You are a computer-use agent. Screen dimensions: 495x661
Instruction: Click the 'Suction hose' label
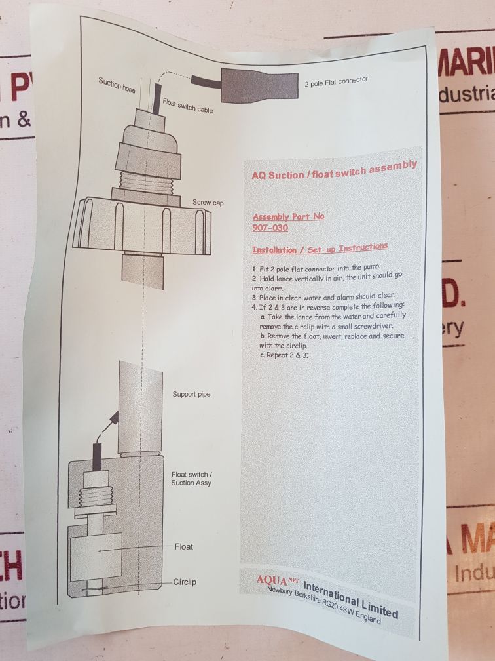pyautogui.click(x=117, y=85)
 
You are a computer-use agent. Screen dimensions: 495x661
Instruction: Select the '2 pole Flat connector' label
pyautogui.click(x=337, y=81)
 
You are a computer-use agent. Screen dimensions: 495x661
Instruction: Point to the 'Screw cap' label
pyautogui.click(x=208, y=203)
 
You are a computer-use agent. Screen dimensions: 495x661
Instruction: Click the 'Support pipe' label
pyautogui.click(x=191, y=395)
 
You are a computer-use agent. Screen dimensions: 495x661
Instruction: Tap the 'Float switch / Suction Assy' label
pyautogui.click(x=191, y=479)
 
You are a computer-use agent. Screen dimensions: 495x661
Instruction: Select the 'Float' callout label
pyautogui.click(x=183, y=546)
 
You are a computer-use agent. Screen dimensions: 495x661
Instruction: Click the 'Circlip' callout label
pyautogui.click(x=185, y=582)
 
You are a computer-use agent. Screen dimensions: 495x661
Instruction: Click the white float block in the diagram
pyautogui.click(x=96, y=557)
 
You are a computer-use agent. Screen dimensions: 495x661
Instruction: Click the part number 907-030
pyautogui.click(x=270, y=228)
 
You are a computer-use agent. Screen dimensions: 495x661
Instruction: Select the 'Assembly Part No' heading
pyautogui.click(x=288, y=216)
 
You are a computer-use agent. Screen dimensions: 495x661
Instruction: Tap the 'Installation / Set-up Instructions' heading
pyautogui.click(x=320, y=248)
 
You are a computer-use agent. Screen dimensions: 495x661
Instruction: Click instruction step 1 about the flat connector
pyautogui.click(x=316, y=268)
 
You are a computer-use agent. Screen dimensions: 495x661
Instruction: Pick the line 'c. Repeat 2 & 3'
pyautogui.click(x=284, y=355)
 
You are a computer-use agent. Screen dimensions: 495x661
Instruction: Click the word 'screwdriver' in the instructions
pyautogui.click(x=373, y=326)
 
